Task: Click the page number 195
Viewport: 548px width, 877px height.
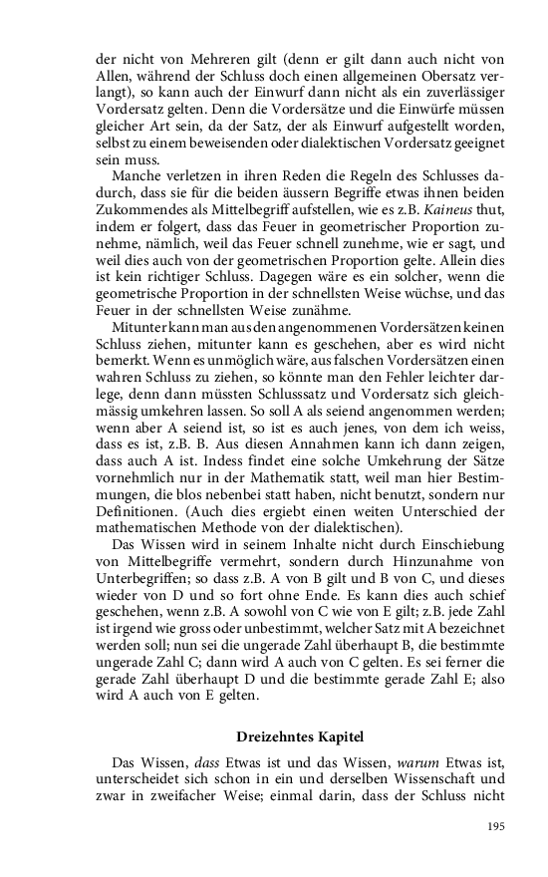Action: tap(496, 826)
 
